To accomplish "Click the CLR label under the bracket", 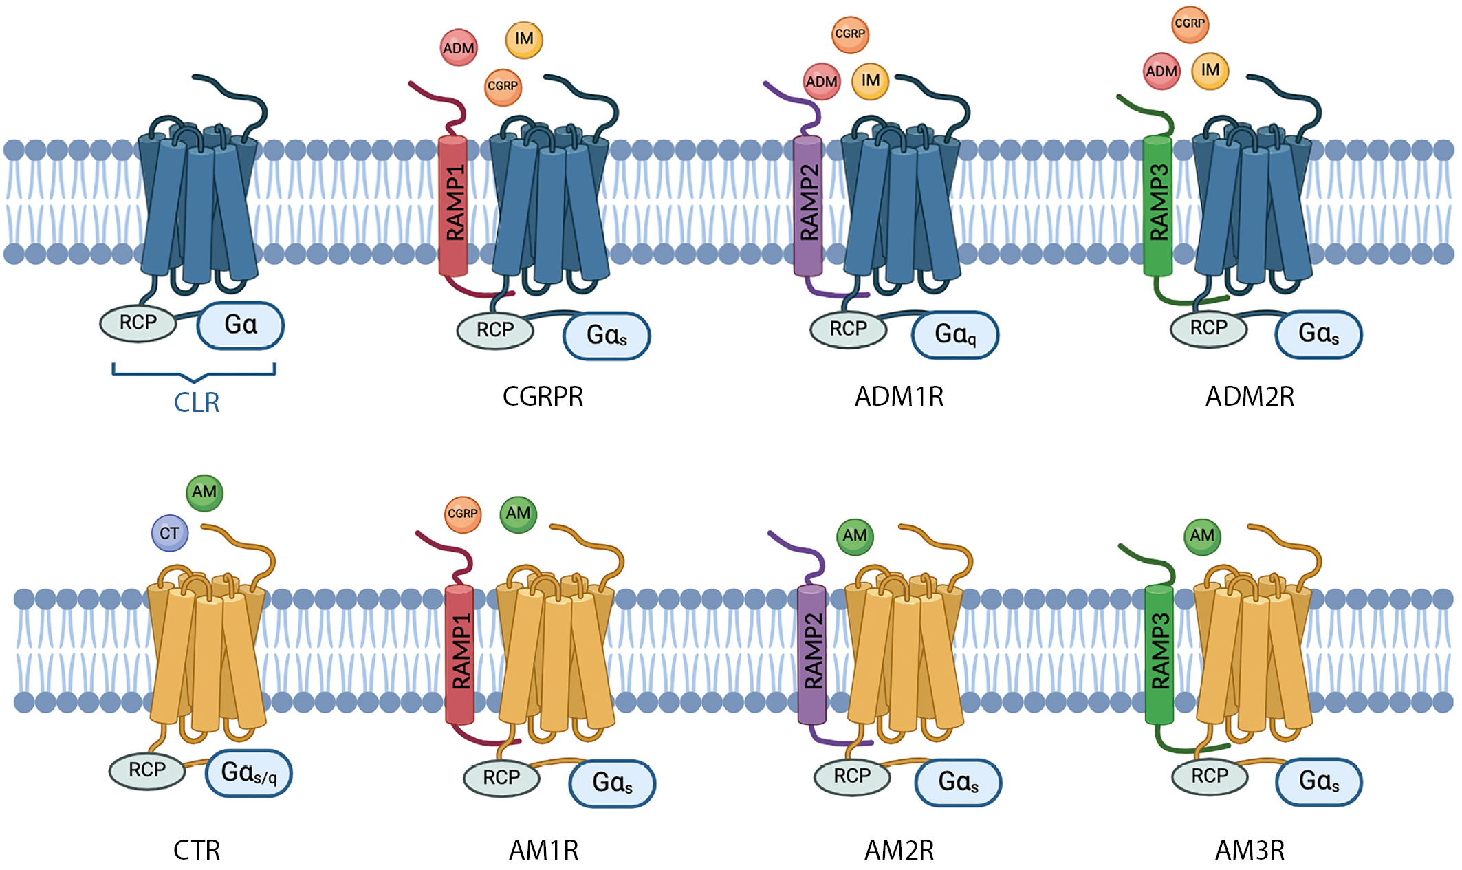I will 197,402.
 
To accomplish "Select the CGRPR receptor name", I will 543,396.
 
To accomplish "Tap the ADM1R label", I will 899,396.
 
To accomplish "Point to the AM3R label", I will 1250,851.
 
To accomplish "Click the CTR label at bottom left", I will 197,851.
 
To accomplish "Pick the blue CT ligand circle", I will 170,533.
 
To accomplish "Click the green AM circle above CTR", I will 204,492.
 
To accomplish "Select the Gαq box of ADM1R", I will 955,335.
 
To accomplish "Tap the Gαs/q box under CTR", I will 249,773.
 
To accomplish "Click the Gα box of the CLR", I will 241,325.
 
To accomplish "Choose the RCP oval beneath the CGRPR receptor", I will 495,330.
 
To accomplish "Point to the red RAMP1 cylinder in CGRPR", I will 453,205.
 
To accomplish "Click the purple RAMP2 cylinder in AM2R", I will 812,653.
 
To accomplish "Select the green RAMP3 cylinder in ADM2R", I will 1158,205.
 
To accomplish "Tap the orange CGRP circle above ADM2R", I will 1190,24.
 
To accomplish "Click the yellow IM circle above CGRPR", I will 524,39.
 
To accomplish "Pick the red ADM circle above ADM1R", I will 822,82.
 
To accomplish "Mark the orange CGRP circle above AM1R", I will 463,514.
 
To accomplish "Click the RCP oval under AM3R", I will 1210,776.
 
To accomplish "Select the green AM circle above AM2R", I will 855,536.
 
